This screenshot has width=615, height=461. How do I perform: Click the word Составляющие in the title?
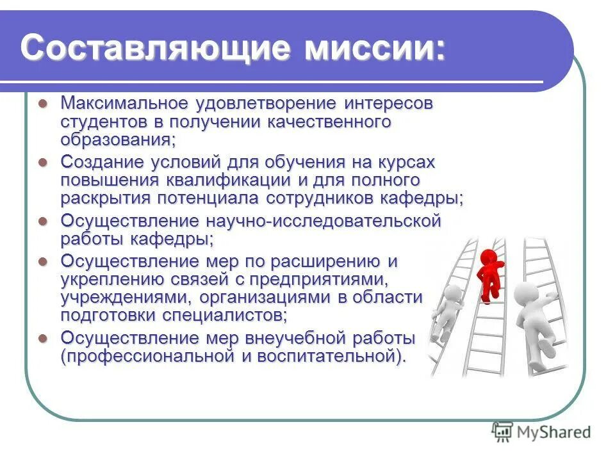(132, 48)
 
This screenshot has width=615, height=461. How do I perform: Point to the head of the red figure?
(488, 257)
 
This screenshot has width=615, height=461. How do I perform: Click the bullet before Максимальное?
(43, 103)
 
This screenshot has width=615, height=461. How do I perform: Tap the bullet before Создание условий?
(43, 162)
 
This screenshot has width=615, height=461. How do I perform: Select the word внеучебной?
(289, 338)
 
